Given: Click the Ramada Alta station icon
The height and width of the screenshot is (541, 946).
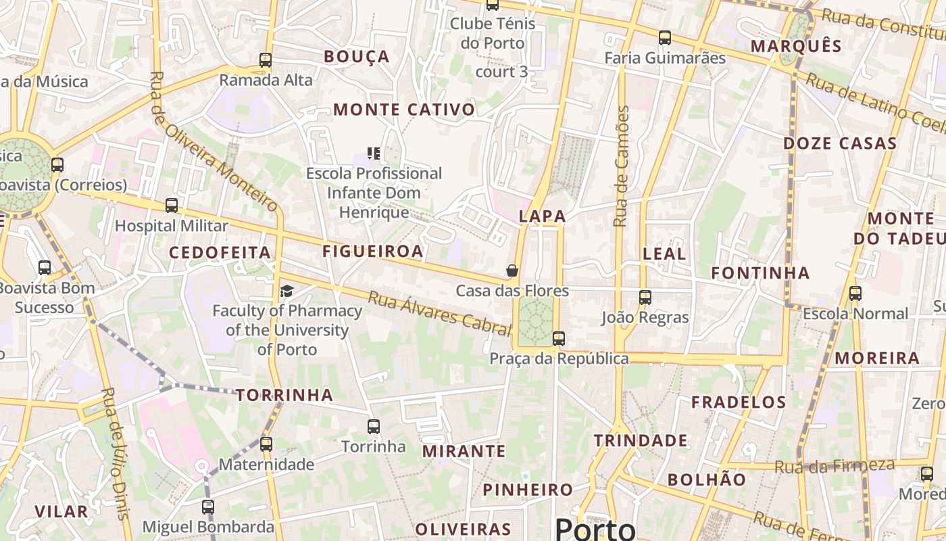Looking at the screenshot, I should click(x=266, y=60).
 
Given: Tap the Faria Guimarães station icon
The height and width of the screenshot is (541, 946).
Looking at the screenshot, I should click(x=665, y=38).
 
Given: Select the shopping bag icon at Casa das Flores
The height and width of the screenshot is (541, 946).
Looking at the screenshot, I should click(x=512, y=270).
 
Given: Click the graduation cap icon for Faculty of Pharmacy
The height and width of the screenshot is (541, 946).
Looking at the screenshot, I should click(x=287, y=291).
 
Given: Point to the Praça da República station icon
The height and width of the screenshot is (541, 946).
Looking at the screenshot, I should click(x=558, y=339).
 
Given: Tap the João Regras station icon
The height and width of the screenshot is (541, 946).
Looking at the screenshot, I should click(x=645, y=297).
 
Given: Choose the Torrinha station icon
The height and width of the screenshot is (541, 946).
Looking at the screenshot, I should click(x=373, y=427).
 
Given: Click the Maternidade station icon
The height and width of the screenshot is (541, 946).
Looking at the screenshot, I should click(x=266, y=444).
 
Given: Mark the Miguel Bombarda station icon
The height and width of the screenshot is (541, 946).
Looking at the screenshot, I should click(x=208, y=507).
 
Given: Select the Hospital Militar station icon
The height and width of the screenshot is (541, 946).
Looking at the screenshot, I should click(x=172, y=206).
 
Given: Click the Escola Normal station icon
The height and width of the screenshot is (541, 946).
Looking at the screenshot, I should click(x=855, y=293).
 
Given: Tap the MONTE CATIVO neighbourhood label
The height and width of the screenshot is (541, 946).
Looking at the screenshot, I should click(x=404, y=110).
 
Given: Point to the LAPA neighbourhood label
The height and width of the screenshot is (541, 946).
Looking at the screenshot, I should click(x=542, y=216).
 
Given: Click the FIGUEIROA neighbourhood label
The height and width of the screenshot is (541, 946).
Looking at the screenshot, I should click(x=373, y=252).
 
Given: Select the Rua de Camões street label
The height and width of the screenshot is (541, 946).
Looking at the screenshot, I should click(x=622, y=166).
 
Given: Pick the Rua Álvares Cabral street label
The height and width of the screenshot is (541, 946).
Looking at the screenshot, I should click(x=439, y=314).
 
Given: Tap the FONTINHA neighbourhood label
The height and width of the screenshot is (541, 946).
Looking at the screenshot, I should click(x=760, y=273).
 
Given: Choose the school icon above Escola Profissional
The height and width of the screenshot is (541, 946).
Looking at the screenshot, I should click(x=374, y=154).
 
